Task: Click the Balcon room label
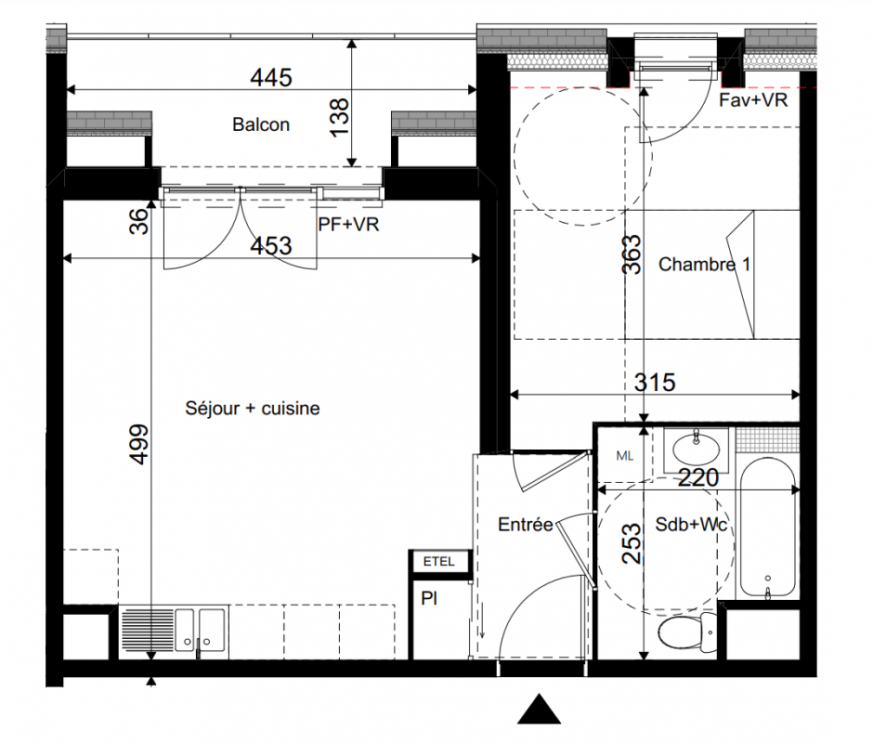(261, 124)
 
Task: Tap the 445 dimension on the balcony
(271, 77)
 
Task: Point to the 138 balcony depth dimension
(340, 117)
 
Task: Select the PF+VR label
(348, 224)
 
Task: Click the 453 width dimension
(271, 245)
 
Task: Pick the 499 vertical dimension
(139, 444)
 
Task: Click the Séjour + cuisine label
(253, 409)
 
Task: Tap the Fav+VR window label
(753, 100)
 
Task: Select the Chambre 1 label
(704, 264)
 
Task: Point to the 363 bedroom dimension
(632, 254)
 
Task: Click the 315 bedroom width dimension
(655, 383)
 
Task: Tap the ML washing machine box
(625, 456)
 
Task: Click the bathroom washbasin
(696, 449)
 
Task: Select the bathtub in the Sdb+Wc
(768, 527)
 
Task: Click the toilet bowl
(687, 632)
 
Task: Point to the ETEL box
(439, 562)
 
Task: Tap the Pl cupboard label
(429, 599)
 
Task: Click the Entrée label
(525, 524)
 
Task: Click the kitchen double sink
(201, 630)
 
